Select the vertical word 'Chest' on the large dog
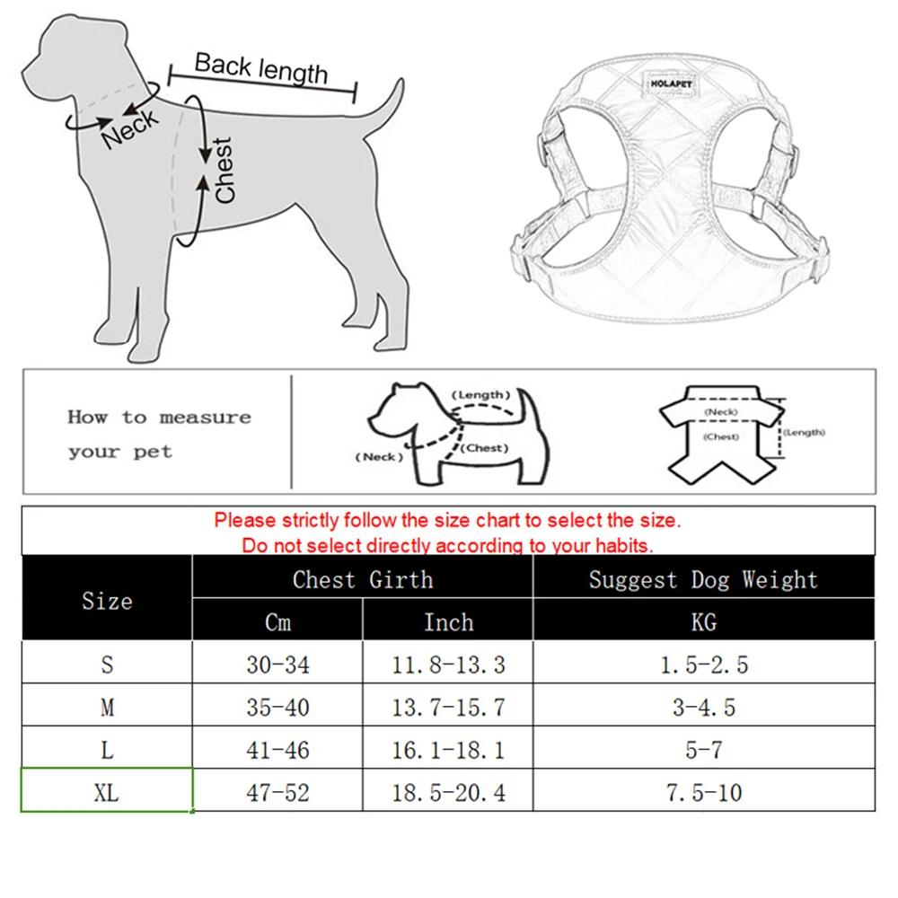tap(224, 169)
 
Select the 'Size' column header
tap(107, 601)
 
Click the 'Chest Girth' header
tap(362, 579)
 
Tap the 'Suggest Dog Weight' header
tap(703, 579)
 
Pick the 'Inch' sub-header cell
tap(447, 621)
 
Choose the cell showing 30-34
tap(277, 665)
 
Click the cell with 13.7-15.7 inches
tap(447, 708)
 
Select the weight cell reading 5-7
tap(703, 750)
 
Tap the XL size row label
tap(107, 792)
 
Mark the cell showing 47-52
tap(277, 792)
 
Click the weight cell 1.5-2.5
tap(703, 665)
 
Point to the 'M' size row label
tap(107, 708)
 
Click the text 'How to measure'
tap(159, 418)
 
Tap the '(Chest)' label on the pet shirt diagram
tap(721, 437)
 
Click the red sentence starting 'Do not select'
tap(447, 545)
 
